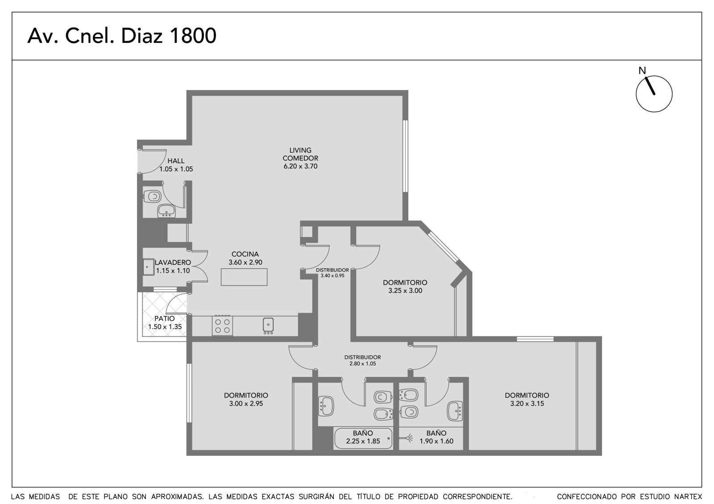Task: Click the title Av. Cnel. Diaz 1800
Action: coord(122,36)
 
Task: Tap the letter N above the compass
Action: coord(642,71)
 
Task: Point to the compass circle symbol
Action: coord(654,94)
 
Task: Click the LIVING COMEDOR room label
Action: coord(300,154)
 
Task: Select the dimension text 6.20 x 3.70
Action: coord(300,166)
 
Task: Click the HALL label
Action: coord(176,161)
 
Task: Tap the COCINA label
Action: coord(245,254)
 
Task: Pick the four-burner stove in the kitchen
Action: coord(222,326)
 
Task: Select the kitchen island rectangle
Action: coord(244,277)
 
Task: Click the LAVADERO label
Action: coord(173,262)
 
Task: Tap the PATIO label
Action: coord(165,318)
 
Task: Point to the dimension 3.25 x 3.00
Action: coord(405,291)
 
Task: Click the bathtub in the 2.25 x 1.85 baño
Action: coord(363,438)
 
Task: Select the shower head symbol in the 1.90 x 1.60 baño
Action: coord(408,438)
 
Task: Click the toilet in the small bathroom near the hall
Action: coord(152,196)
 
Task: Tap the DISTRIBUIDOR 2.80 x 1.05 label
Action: coord(362,361)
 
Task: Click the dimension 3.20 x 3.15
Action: coord(527,404)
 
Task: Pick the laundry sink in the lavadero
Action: coord(148,267)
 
